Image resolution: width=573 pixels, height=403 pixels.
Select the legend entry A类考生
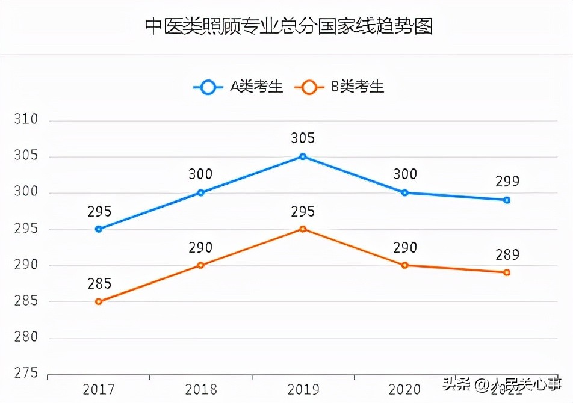238,87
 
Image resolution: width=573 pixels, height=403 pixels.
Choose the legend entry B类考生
339,87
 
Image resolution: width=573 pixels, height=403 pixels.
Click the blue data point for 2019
303,156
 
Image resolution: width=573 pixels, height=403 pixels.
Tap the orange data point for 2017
99,301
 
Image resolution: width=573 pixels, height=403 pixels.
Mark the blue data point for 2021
507,200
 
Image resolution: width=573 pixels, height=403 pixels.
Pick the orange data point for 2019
303,229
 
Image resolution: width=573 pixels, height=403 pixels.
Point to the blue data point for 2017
99,229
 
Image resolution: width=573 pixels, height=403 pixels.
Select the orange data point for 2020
405,265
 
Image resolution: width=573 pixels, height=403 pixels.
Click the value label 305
303,138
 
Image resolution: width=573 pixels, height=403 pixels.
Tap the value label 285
99,283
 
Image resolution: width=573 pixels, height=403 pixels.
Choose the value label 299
507,182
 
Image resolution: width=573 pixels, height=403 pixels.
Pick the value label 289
507,254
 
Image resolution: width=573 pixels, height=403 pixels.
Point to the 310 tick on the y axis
26,120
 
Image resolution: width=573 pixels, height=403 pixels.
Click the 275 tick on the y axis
26,374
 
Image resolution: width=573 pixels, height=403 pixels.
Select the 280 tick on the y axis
26,337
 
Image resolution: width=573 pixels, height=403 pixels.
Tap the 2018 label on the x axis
201,389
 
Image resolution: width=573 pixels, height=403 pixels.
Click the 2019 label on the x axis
303,389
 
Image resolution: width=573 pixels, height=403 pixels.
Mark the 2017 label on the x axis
99,389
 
